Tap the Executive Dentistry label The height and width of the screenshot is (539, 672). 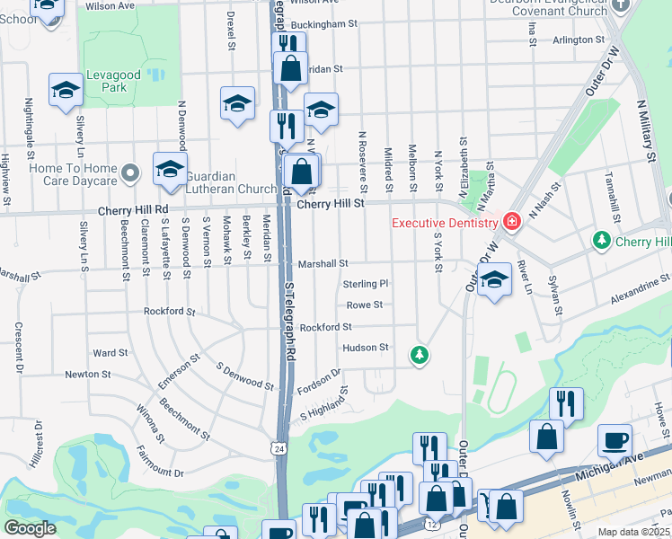[444, 223]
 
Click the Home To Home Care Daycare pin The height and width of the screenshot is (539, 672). [132, 171]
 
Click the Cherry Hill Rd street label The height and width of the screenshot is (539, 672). [137, 208]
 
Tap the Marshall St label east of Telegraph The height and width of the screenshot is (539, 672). [323, 263]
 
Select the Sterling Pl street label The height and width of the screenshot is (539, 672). [365, 284]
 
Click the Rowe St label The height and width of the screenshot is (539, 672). [365, 305]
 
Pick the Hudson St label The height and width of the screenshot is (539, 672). [365, 347]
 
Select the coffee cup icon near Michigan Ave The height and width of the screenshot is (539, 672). [615, 440]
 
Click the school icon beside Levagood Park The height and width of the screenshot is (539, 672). [66, 90]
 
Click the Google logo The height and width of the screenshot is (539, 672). [30, 528]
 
